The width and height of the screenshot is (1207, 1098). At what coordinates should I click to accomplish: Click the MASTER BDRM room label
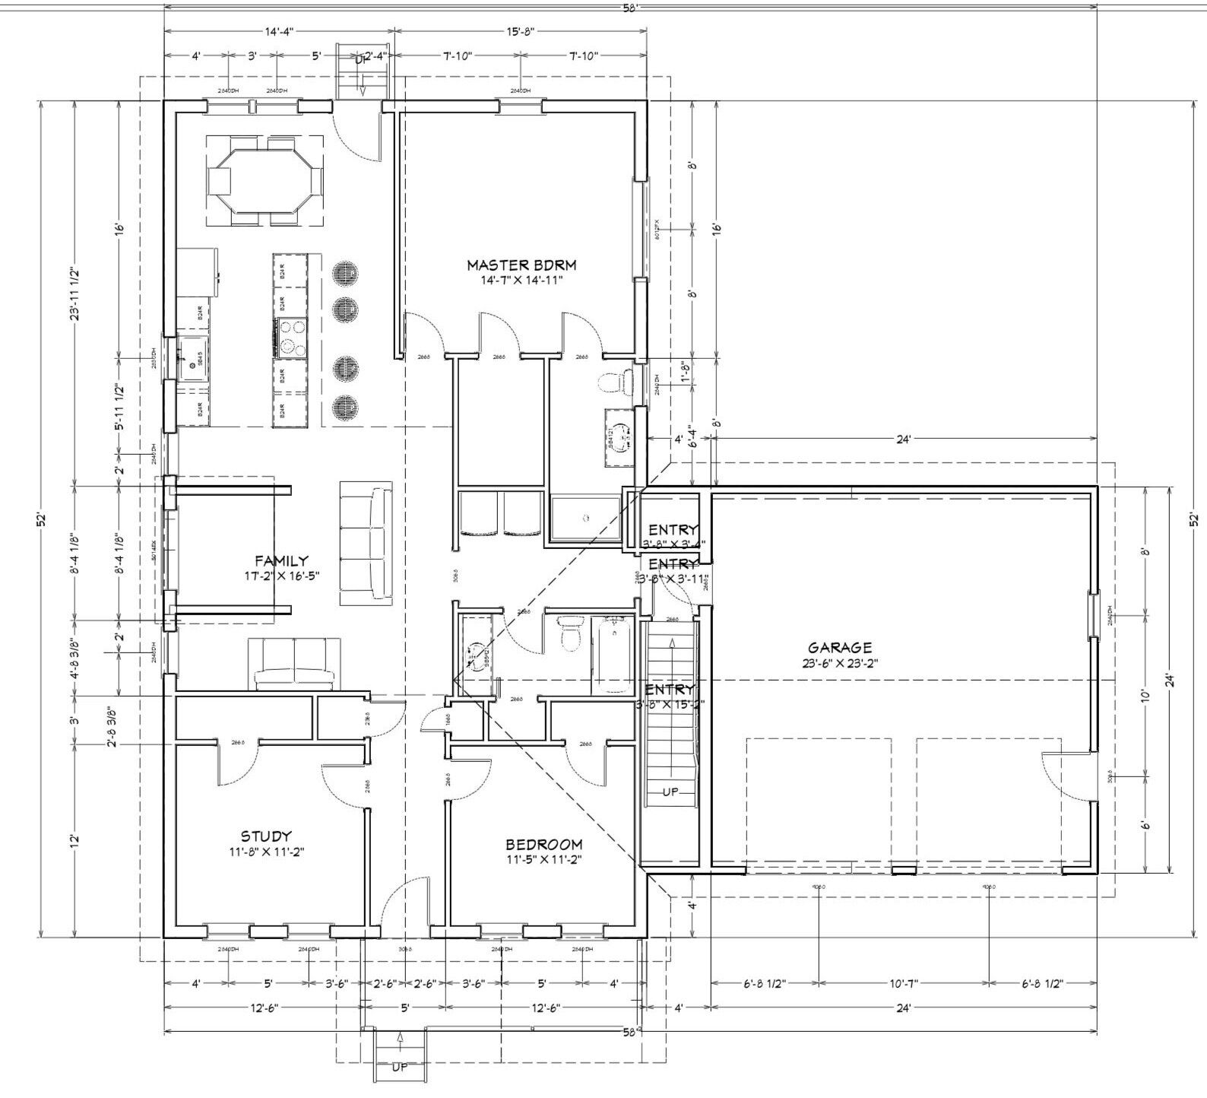click(521, 265)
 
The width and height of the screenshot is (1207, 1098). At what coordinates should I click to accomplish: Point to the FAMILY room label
click(281, 560)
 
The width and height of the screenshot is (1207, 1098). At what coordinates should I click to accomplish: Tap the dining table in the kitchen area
click(265, 181)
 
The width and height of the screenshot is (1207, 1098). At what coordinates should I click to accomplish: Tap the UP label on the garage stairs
click(670, 792)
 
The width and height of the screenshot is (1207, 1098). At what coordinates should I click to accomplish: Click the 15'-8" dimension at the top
click(521, 31)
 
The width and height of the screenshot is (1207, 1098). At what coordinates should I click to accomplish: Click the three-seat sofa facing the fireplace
click(366, 543)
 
